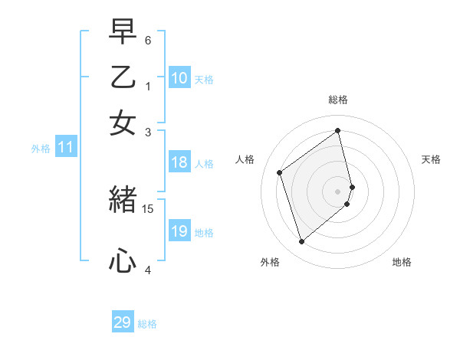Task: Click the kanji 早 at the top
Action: [x=123, y=33]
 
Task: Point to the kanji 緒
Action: [x=123, y=201]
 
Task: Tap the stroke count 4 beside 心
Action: [x=148, y=270]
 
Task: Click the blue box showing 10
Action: [x=179, y=78]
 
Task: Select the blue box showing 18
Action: [x=179, y=162]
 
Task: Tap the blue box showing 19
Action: [x=179, y=231]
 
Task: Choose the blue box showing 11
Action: [x=66, y=148]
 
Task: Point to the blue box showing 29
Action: [x=123, y=322]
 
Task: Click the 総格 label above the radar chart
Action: [x=338, y=100]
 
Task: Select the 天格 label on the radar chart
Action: [x=432, y=159]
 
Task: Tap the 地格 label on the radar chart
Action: [x=402, y=263]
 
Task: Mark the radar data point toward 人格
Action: [x=280, y=172]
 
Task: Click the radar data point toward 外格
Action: [x=301, y=242]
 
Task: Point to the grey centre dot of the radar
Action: [x=338, y=190]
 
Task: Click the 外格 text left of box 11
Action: [x=41, y=149]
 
